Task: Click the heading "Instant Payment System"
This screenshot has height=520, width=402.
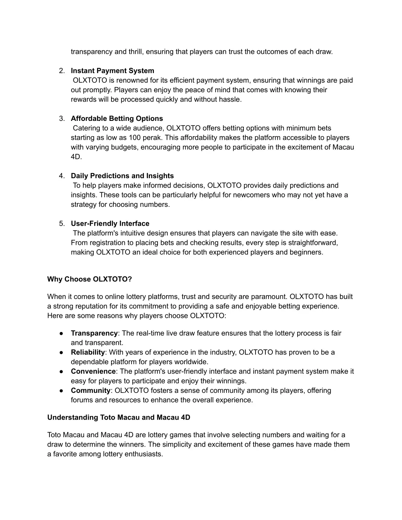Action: click(112, 71)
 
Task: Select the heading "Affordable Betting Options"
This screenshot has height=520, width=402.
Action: click(117, 119)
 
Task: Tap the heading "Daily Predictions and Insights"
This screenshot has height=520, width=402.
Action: click(122, 176)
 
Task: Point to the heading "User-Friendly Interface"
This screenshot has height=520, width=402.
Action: click(110, 224)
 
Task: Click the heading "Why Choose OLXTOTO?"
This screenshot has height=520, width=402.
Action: click(90, 279)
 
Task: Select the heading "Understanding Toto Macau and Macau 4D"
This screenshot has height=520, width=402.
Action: click(119, 418)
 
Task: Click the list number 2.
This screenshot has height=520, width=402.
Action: click(62, 71)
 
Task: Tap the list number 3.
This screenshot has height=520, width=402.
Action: click(62, 119)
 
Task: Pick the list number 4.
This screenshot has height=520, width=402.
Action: click(62, 176)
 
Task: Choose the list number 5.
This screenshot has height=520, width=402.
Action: click(62, 224)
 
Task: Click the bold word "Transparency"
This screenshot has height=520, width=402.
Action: click(94, 333)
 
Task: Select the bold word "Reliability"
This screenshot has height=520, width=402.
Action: click(88, 352)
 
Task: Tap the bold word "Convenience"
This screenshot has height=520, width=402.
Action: click(93, 371)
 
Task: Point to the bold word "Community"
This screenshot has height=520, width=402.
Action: click(91, 390)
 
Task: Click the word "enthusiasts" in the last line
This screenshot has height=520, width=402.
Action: click(143, 454)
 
